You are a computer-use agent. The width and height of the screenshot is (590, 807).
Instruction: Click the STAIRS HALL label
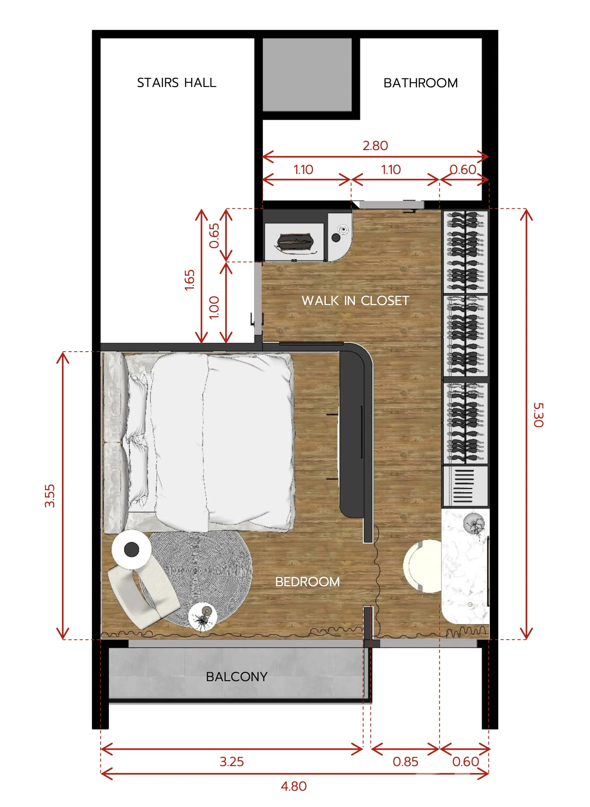(x=177, y=83)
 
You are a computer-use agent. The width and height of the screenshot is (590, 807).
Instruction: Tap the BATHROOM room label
(x=421, y=83)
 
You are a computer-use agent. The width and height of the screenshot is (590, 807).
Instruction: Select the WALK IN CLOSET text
(x=355, y=301)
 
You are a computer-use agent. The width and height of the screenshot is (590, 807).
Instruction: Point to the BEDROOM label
(x=307, y=582)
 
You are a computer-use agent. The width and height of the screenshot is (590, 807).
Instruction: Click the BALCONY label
(x=237, y=677)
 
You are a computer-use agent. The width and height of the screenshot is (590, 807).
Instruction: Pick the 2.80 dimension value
(x=375, y=146)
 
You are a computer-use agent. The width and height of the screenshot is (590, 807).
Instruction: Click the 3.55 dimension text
(x=50, y=496)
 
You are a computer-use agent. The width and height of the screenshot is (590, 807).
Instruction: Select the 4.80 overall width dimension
(x=294, y=786)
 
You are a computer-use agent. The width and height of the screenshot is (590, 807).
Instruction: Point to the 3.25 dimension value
(x=232, y=762)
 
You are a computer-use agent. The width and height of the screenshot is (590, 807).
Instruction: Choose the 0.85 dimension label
(x=405, y=762)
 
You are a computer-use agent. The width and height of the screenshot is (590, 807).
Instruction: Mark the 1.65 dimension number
(x=190, y=280)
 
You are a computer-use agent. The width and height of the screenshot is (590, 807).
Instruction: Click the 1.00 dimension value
(x=214, y=307)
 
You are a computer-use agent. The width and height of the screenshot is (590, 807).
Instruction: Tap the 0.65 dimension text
(x=214, y=236)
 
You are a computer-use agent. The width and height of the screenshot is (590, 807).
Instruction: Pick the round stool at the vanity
(x=422, y=566)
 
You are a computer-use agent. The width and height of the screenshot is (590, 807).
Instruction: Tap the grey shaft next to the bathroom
(x=307, y=75)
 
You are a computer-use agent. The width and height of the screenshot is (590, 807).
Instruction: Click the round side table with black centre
(x=131, y=549)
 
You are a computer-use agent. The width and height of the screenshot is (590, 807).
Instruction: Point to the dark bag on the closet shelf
(x=295, y=242)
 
